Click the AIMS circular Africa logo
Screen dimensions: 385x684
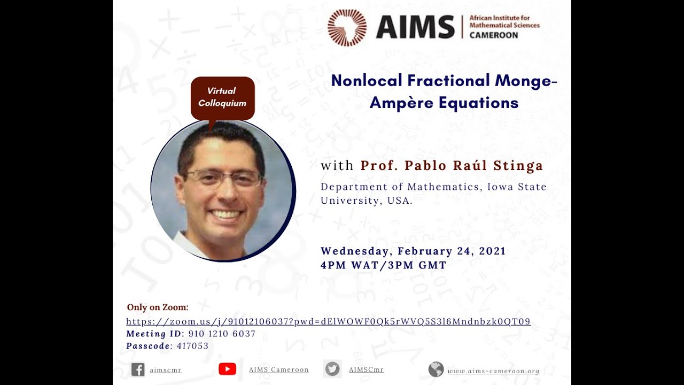point(347,27)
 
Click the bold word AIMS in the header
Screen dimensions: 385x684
point(415,27)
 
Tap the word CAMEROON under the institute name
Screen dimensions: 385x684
point(493,35)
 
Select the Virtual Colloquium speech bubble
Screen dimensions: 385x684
point(222,97)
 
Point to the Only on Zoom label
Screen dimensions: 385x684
point(158,307)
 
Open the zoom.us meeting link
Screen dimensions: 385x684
point(328,321)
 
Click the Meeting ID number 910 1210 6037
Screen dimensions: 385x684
point(222,334)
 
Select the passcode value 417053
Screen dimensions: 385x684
point(192,346)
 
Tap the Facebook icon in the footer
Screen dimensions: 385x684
point(138,369)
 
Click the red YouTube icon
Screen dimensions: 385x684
point(227,369)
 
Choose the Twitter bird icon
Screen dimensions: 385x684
point(332,369)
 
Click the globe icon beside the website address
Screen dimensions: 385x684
point(436,369)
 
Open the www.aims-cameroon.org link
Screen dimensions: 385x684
point(493,371)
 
